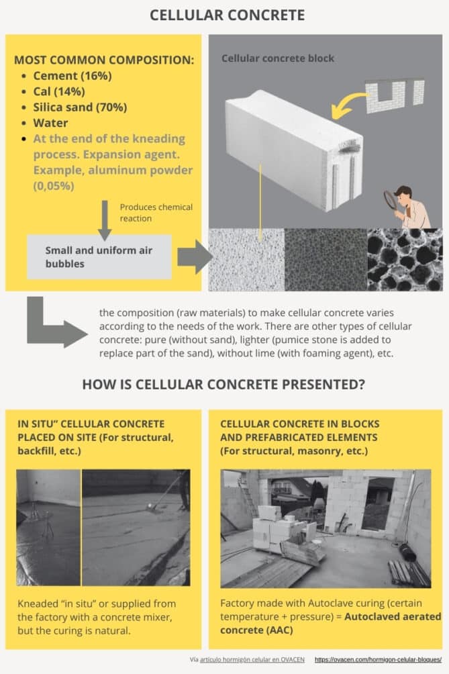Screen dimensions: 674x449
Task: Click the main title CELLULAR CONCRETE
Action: point(226,15)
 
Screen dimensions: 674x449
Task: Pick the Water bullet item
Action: point(50,123)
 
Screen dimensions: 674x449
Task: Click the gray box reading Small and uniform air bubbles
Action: point(99,256)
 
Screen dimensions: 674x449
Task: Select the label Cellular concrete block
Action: point(278,58)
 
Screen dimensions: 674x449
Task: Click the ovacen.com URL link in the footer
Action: point(378,660)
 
